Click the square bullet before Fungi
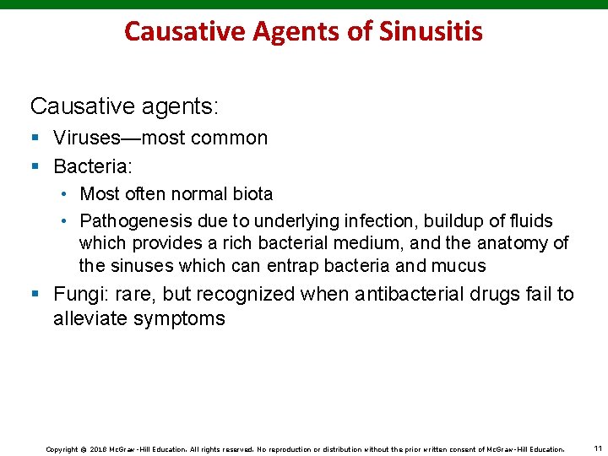pyautogui.click(x=35, y=295)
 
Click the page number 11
pyautogui.click(x=598, y=448)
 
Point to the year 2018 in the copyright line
pyautogui.click(x=96, y=448)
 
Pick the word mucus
pyautogui.click(x=459, y=266)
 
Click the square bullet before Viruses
pyautogui.click(x=35, y=138)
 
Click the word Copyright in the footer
pyautogui.click(x=62, y=448)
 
